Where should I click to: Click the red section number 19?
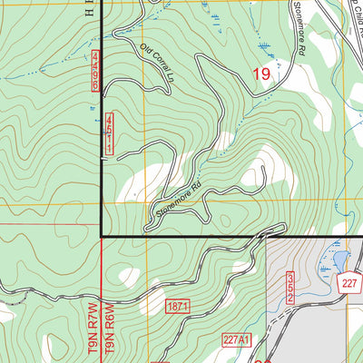(x=261, y=75)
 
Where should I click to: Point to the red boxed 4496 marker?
(x=95, y=72)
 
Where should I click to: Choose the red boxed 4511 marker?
(x=109, y=133)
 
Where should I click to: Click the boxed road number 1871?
(x=178, y=309)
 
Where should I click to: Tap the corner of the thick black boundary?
(x=101, y=236)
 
